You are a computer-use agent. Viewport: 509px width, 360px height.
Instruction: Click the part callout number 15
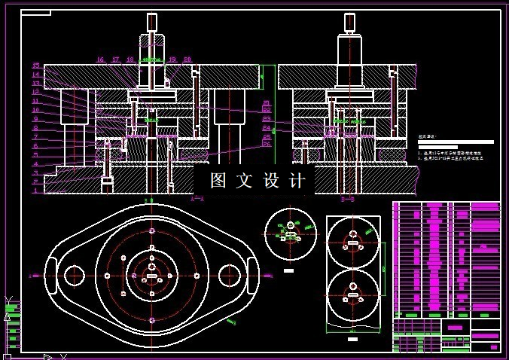(35, 66)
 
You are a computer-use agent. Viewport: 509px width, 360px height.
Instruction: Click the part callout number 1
(35, 191)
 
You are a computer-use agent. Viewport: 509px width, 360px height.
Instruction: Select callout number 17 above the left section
(115, 59)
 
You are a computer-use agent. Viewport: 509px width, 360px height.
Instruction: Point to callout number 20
(187, 59)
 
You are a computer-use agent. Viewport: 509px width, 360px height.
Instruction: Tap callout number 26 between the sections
(267, 144)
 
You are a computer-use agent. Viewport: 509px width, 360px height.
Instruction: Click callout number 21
(267, 102)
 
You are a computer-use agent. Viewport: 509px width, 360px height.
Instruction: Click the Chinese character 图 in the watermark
(218, 181)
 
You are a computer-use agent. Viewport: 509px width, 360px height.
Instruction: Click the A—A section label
(198, 200)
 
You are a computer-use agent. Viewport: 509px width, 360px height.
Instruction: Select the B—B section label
(347, 200)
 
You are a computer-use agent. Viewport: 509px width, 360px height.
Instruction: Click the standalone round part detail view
(289, 234)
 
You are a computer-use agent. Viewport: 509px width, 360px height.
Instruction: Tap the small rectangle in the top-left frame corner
(35, 13)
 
